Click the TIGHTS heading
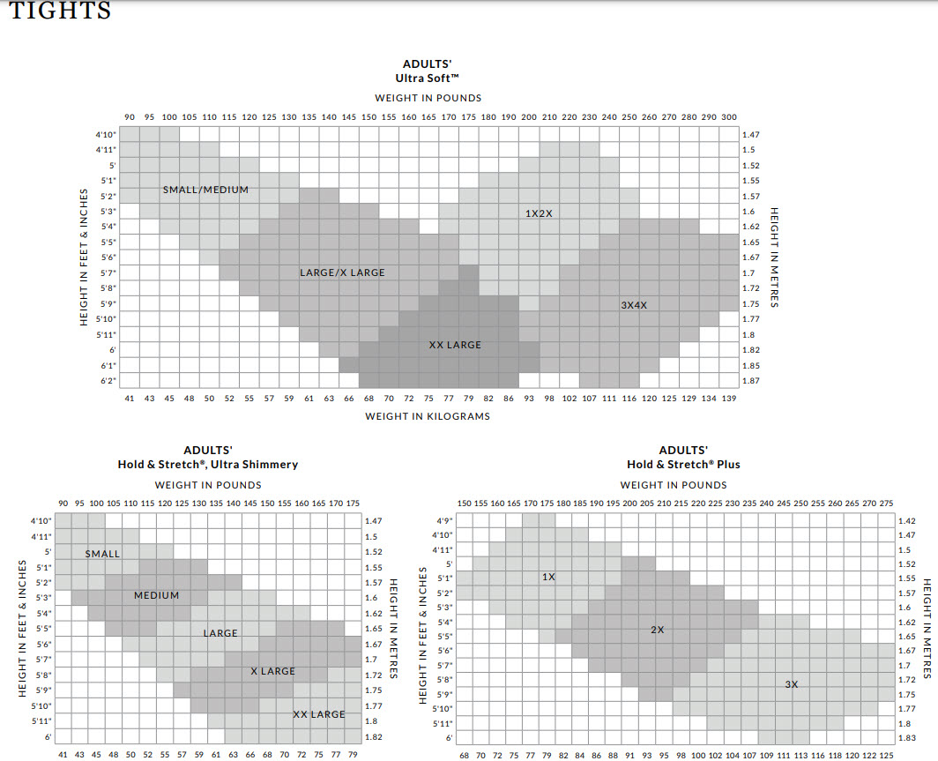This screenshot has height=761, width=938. [x=60, y=11]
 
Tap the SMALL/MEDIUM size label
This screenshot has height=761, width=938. [x=205, y=190]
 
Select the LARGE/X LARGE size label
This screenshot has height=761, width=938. [x=342, y=272]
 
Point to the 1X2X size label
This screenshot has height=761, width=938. [x=539, y=213]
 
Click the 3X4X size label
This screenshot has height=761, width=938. [x=634, y=305]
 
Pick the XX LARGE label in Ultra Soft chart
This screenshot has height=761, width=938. [x=455, y=345]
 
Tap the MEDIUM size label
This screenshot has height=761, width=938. [x=156, y=595]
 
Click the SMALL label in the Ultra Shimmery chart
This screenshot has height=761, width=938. [x=102, y=554]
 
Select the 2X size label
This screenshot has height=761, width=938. [x=657, y=630]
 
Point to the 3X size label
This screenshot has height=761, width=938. [x=791, y=684]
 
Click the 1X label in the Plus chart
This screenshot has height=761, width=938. [x=548, y=577]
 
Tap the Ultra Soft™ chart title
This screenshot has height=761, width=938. [x=428, y=78]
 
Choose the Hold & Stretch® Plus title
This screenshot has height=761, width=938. [x=683, y=464]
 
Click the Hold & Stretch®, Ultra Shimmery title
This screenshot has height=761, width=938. [x=208, y=464]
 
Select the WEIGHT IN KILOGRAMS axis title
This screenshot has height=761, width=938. [x=428, y=416]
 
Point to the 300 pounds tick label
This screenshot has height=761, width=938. [x=728, y=117]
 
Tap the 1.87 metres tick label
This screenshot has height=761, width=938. [x=750, y=381]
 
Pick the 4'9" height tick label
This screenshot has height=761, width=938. [x=443, y=520]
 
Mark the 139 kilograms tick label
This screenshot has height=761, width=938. [x=728, y=399]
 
